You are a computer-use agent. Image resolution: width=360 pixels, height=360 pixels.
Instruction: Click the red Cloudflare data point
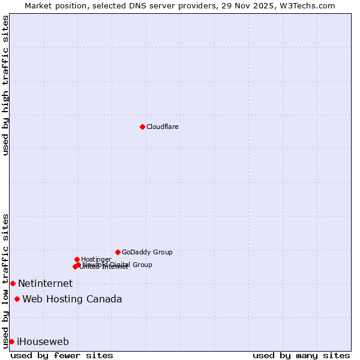point(142,127)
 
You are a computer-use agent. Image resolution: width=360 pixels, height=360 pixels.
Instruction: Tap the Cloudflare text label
point(163,127)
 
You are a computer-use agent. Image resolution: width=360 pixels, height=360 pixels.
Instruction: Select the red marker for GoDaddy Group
point(118,252)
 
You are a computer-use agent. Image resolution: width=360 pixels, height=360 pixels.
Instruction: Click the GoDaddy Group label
point(147,253)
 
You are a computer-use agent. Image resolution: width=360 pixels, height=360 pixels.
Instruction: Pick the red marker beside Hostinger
point(77,259)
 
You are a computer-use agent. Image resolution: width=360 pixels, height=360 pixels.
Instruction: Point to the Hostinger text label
point(96,259)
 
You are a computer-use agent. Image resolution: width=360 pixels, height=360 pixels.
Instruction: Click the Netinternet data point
point(13,283)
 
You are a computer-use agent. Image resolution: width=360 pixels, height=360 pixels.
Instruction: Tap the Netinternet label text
point(45,284)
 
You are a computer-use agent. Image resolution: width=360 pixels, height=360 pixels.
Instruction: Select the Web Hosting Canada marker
point(17,299)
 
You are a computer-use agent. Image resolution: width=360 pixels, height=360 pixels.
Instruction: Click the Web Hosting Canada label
point(72,299)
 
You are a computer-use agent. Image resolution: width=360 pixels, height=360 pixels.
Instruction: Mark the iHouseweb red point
point(11,341)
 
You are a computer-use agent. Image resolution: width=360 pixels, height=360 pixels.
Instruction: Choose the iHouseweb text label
point(43,342)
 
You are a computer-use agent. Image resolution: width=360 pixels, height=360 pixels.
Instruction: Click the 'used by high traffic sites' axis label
point(6,85)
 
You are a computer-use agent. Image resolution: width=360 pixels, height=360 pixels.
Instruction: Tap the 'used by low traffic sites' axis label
point(6,281)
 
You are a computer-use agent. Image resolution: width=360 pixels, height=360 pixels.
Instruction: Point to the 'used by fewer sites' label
point(62,355)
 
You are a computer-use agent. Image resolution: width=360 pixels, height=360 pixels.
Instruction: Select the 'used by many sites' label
point(301,355)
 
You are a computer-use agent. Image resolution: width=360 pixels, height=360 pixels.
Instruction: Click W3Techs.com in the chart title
point(310,5)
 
